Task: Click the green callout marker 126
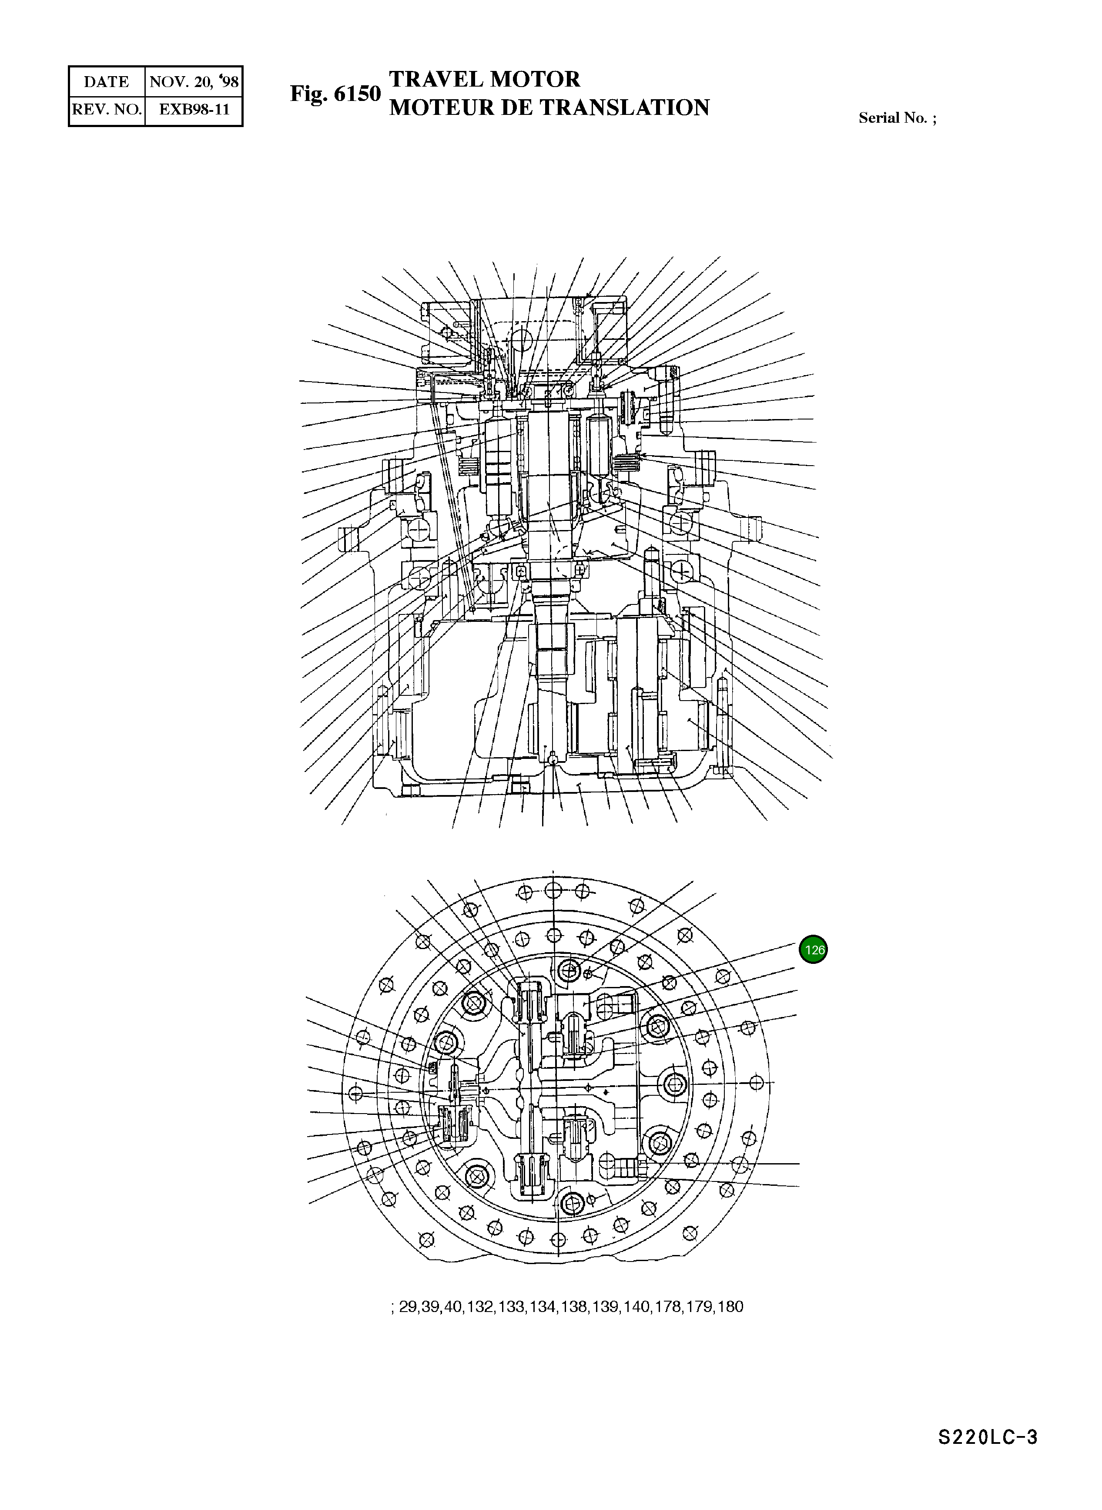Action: [813, 950]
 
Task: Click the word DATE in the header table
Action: [106, 82]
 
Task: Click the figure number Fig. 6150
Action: [335, 94]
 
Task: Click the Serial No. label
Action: [897, 118]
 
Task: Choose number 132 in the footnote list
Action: [479, 1306]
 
